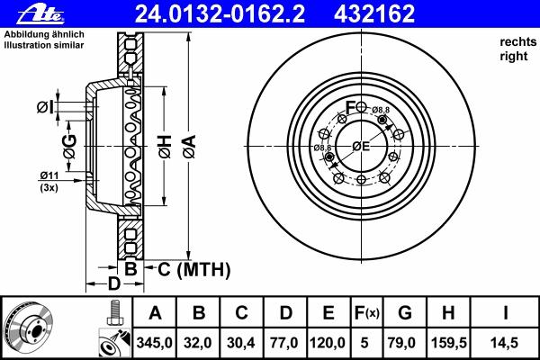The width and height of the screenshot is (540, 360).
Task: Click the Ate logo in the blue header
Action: (40, 15)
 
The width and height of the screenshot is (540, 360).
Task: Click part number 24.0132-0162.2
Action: (220, 14)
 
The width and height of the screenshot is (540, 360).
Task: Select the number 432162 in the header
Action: (374, 14)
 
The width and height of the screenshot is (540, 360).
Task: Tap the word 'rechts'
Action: (518, 42)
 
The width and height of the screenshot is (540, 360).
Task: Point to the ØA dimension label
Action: (190, 147)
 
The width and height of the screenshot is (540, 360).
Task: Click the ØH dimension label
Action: (165, 147)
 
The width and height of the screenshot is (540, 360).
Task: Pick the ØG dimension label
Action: (70, 147)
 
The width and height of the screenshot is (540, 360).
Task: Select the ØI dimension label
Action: (45, 107)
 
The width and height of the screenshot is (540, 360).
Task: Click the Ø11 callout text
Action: (49, 175)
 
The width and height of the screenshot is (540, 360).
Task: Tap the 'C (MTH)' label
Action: (193, 269)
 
